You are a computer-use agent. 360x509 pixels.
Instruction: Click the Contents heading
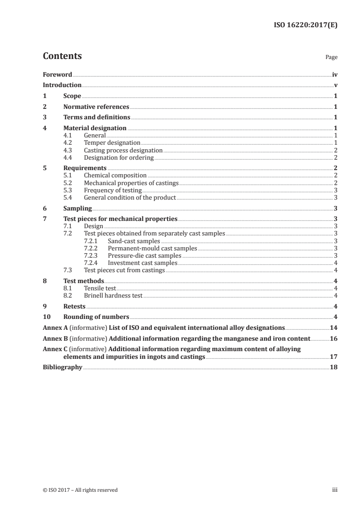point(62,57)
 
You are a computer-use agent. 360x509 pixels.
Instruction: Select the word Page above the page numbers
point(331,58)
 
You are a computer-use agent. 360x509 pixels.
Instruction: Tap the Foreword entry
point(57,74)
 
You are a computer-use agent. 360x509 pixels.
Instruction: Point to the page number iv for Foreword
point(335,74)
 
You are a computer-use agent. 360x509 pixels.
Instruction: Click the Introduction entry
point(62,85)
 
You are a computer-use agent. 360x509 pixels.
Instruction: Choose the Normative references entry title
point(96,107)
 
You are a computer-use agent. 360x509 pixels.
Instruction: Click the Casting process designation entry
point(123,150)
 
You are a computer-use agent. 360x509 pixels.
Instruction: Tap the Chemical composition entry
point(115,175)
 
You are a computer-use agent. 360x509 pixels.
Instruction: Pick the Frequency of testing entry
point(113,191)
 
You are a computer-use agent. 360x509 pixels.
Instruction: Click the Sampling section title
point(78,209)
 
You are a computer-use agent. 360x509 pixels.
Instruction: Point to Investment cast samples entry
point(143,263)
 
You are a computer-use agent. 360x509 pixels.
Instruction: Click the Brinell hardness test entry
point(113,296)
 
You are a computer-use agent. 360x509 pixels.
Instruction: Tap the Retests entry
point(74,306)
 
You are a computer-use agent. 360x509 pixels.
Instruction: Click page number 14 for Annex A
point(334,328)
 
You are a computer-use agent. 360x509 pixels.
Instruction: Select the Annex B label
point(55,338)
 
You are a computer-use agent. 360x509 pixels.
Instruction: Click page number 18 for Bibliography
point(334,367)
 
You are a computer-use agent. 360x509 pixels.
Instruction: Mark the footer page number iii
point(335,490)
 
